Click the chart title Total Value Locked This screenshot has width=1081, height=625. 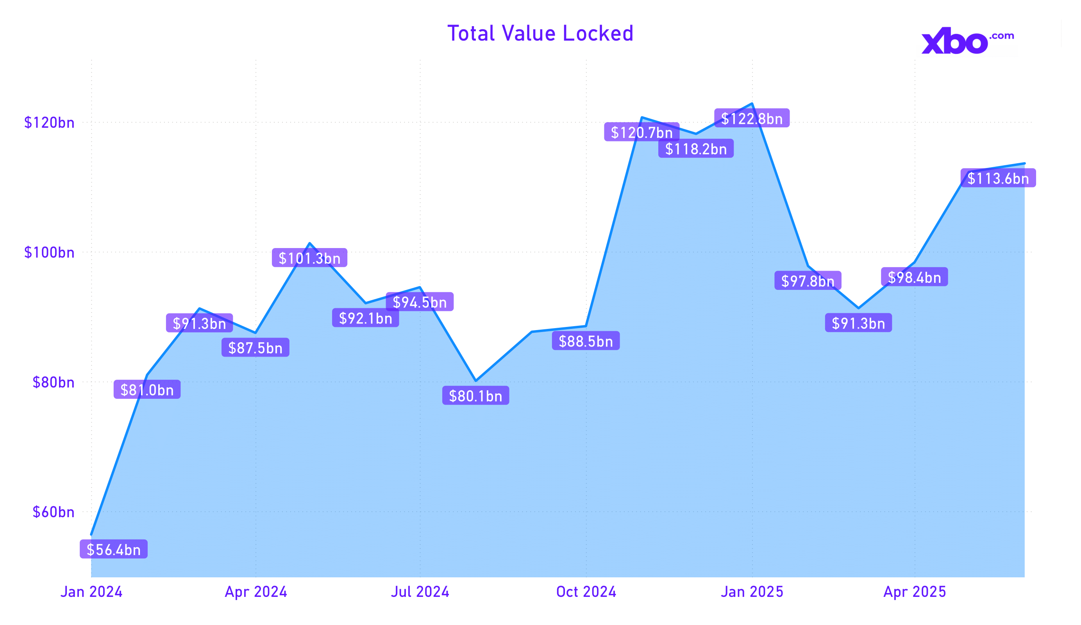coord(540,34)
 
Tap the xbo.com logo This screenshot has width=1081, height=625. coord(967,41)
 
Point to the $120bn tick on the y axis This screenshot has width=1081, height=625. coord(49,123)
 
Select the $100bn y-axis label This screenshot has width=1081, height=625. coord(49,253)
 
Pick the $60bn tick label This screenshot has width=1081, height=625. coord(53,512)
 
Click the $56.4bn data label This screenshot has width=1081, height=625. coord(114,550)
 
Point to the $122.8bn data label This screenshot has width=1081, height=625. coord(752,118)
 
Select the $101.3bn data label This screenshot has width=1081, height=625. coord(309,258)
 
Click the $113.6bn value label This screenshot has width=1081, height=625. coord(998,179)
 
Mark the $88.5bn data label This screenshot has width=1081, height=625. coord(586,341)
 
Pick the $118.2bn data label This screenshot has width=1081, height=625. coord(696,149)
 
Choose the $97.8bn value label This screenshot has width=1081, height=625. coord(808,281)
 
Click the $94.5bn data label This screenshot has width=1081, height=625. coord(420,302)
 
